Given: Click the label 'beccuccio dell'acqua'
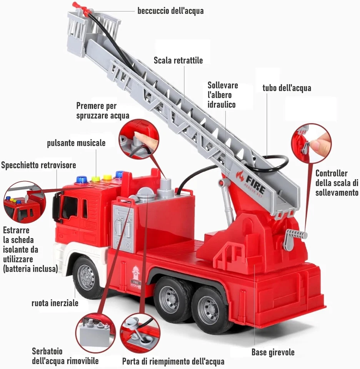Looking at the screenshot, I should pos(170,11).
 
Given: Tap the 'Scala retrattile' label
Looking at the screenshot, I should pos(178,60).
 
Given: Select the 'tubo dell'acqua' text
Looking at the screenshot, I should pos(287,88).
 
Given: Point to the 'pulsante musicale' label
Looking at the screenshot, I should pos(76,143).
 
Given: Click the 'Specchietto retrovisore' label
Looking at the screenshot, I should pos(38,165).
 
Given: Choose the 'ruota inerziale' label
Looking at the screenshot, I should pos(55,303).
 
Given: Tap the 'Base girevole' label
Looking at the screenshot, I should pos(273,352).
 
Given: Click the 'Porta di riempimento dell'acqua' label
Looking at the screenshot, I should pos(173,361).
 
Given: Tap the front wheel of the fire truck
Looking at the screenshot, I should pos(86,277).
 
